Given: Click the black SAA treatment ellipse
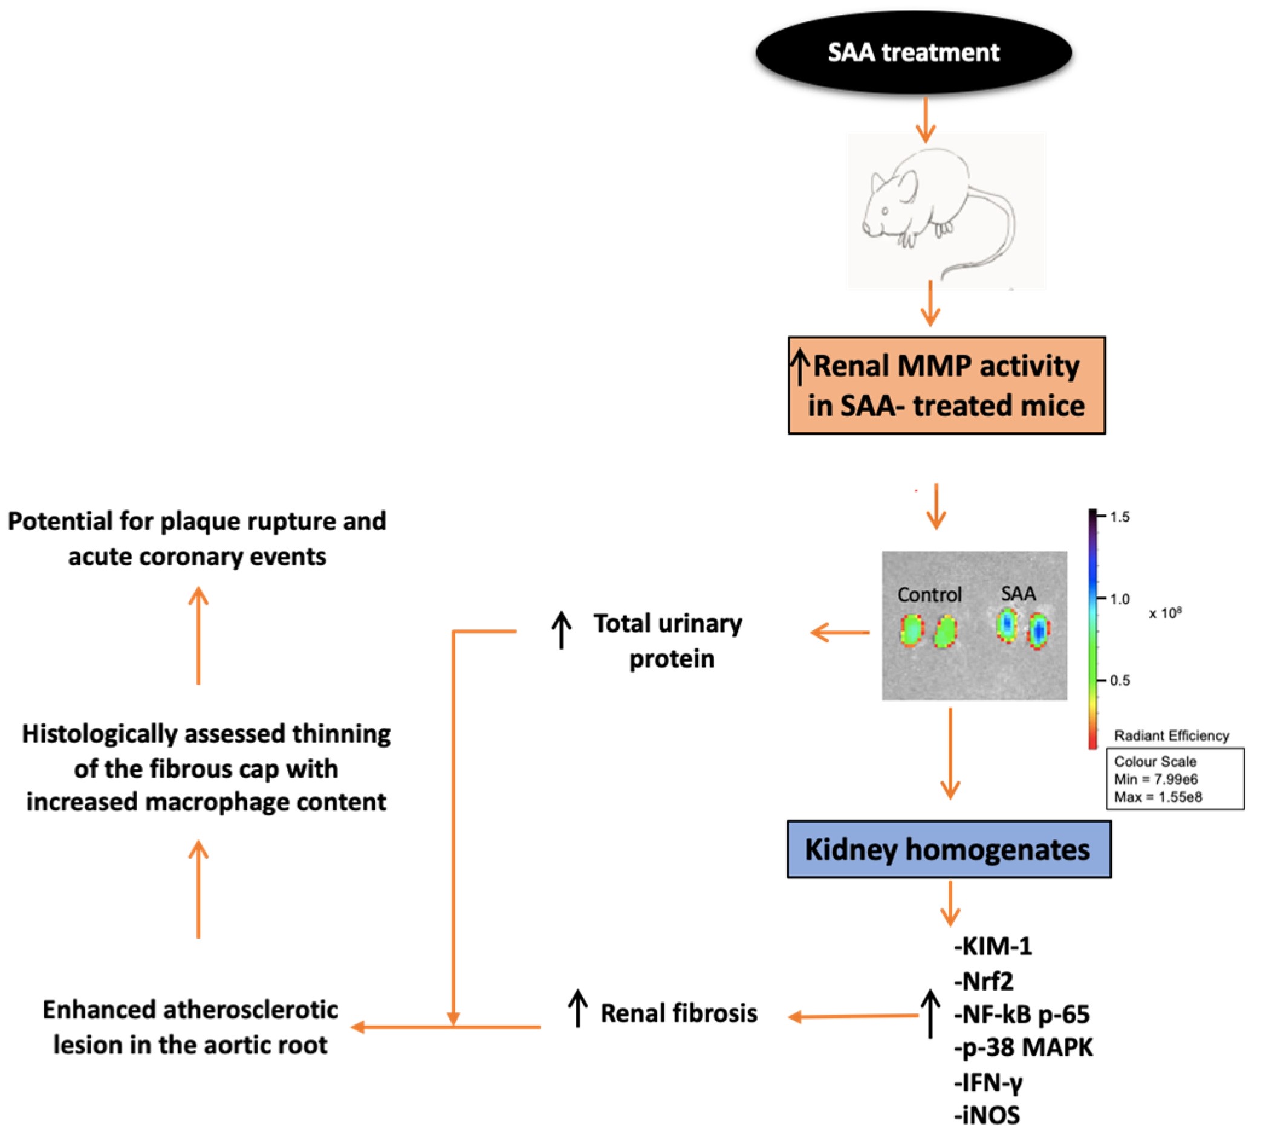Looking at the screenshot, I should coord(913,53).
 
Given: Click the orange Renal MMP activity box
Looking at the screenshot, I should coord(946,385).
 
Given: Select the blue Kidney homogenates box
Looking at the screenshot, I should coord(948,849).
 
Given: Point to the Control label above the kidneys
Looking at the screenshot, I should coord(929,594).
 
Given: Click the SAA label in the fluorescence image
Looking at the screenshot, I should coord(1018,593).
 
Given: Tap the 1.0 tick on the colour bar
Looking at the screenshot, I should coord(1119,599).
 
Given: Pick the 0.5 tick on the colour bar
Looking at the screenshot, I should coord(1119,680).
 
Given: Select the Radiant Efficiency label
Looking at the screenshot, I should coord(1170,735).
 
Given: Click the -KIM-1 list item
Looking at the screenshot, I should coord(993,946).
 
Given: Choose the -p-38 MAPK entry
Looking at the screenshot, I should coord(1024,1047).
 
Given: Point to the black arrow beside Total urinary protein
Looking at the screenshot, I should coord(561,630).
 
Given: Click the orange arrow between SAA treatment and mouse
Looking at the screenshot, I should coord(926,119).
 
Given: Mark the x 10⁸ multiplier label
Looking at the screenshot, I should coord(1165,613).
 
